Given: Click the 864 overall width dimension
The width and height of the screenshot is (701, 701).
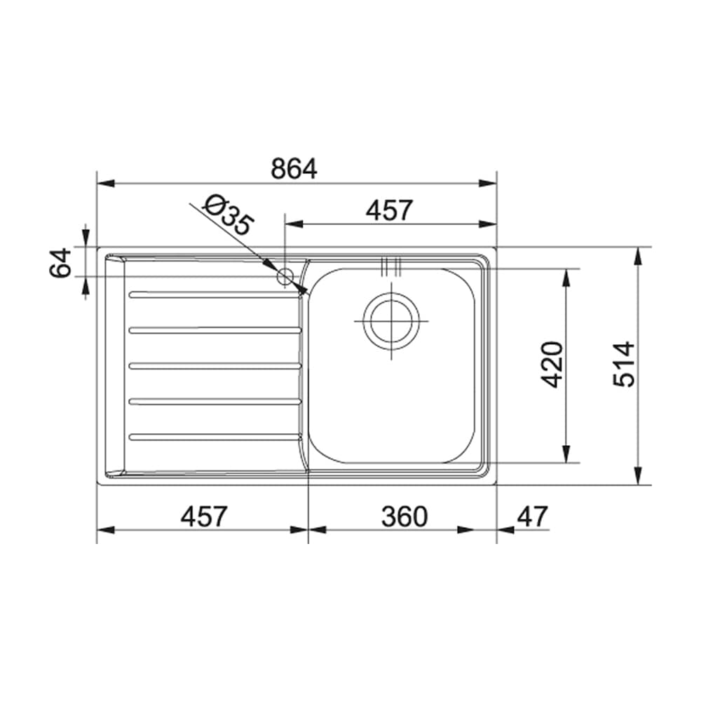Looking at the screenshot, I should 294,169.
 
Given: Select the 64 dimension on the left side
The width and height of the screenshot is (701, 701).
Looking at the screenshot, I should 62,262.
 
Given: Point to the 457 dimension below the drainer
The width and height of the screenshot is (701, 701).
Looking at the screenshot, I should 204,517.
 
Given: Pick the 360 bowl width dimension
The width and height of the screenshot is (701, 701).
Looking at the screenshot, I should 404,517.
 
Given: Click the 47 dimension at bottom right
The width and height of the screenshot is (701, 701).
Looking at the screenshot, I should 532,517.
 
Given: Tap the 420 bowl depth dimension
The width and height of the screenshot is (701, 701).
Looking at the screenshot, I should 553,365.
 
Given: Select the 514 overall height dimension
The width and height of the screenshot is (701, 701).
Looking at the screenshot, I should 623,365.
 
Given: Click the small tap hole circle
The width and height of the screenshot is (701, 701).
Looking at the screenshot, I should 285,276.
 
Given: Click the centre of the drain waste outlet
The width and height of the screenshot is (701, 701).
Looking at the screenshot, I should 391,321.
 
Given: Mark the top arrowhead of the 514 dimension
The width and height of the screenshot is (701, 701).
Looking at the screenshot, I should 638,256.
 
